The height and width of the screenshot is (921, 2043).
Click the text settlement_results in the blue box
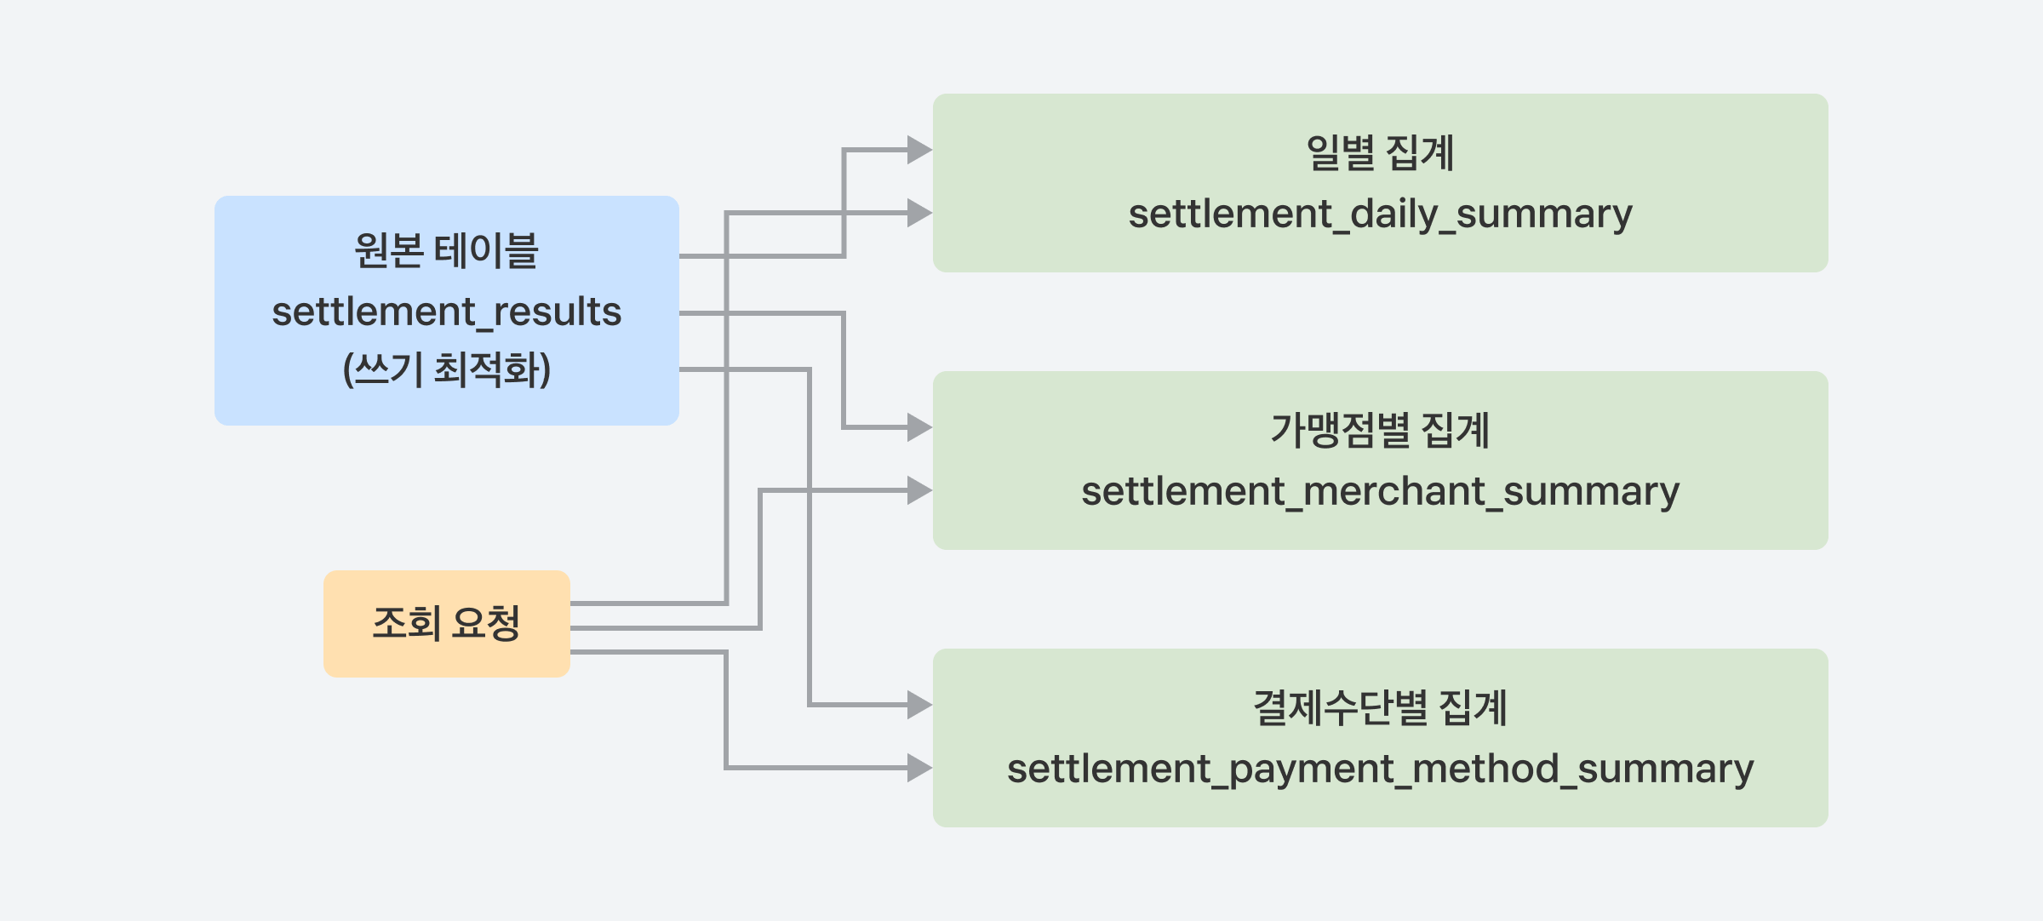(x=447, y=312)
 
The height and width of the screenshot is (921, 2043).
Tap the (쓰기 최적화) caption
(x=447, y=369)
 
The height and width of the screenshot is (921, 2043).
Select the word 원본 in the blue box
(x=388, y=250)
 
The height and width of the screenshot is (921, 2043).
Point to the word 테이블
(x=486, y=250)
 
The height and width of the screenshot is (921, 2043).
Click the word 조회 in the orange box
(x=407, y=623)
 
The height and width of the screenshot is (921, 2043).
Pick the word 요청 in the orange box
(x=486, y=623)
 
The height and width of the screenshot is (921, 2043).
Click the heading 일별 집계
(x=1380, y=153)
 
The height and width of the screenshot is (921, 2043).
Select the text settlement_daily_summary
(x=1380, y=214)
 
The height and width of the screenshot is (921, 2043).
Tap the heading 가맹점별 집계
(x=1380, y=430)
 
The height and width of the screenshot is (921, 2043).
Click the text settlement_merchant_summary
(x=1380, y=491)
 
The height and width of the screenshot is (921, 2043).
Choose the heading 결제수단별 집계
(x=1380, y=708)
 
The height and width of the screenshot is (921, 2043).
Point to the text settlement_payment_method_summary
(x=1380, y=769)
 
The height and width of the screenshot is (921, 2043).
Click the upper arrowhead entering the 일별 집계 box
(x=920, y=150)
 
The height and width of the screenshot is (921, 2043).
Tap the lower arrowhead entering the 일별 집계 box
(x=920, y=213)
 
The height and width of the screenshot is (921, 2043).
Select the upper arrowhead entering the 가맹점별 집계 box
(x=920, y=427)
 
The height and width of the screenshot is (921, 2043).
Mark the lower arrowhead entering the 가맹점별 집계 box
(x=920, y=490)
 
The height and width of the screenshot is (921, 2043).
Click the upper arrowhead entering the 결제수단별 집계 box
(x=920, y=705)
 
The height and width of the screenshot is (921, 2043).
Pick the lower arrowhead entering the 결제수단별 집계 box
(x=920, y=768)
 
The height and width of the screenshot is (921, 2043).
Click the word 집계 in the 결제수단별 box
(x=1473, y=708)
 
